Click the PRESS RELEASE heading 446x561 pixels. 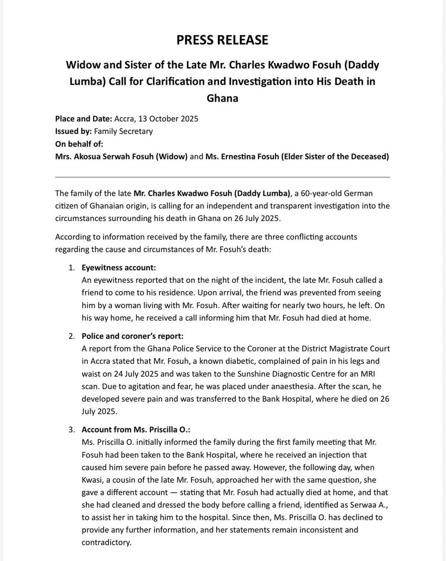click(x=223, y=41)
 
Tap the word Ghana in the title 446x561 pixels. click(x=223, y=99)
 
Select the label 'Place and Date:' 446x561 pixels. click(x=82, y=118)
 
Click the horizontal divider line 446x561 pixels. click(x=223, y=178)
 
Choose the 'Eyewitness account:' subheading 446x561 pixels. click(x=118, y=268)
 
